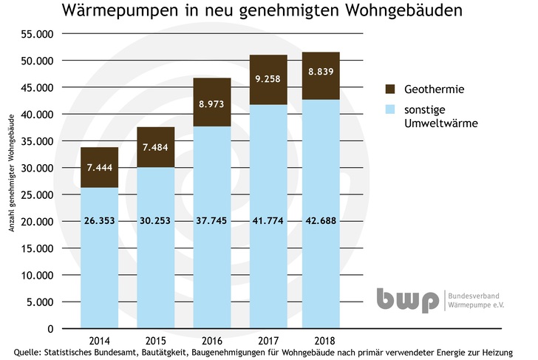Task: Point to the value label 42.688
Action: [321, 221]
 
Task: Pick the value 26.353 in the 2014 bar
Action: [99, 221]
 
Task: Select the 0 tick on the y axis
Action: [50, 329]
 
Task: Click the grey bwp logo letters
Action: [406, 299]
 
